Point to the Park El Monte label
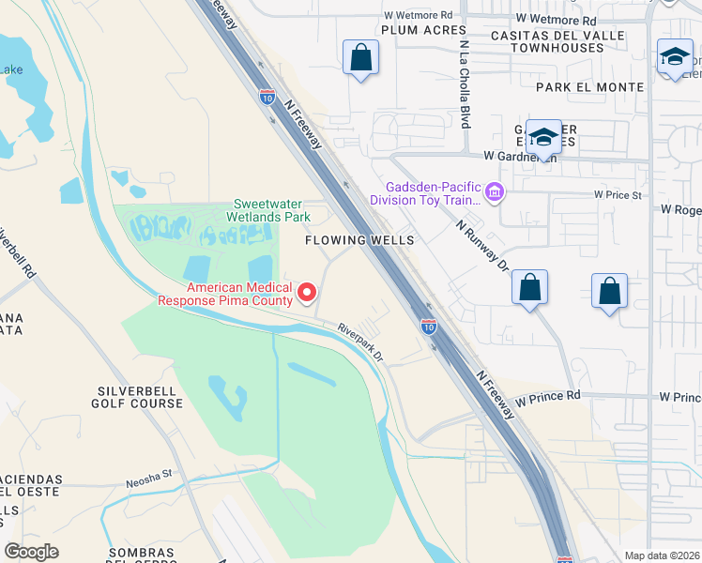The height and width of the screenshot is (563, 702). tap(590, 87)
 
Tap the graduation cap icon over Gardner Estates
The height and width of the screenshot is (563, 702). tap(542, 139)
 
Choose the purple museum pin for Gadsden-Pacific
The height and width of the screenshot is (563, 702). tap(496, 193)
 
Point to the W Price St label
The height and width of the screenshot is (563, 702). tap(617, 195)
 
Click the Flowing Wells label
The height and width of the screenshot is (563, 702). tap(359, 241)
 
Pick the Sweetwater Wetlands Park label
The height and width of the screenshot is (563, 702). tap(271, 210)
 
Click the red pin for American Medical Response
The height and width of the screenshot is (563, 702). tap(307, 295)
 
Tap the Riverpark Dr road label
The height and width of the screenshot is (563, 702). tap(361, 342)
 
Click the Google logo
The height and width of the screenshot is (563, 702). tap(32, 552)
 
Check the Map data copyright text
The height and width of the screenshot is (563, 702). tap(661, 555)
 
